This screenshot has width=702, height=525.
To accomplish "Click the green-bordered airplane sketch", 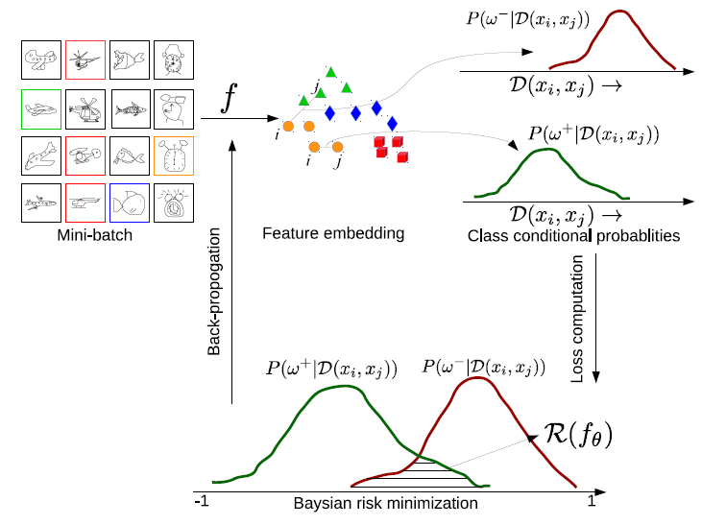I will pyautogui.click(x=39, y=108).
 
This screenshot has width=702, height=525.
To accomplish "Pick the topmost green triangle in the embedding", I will pyautogui.click(x=330, y=72).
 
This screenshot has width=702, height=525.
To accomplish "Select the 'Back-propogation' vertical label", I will pyautogui.click(x=215, y=294).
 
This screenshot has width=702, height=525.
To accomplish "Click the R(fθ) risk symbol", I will pyautogui.click(x=577, y=436).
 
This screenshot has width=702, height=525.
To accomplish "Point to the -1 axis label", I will pyautogui.click(x=201, y=502).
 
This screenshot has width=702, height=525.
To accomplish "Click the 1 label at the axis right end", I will pyautogui.click(x=593, y=501).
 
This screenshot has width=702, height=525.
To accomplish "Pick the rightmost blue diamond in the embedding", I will pyautogui.click(x=392, y=124).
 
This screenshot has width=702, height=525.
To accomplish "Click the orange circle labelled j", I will pyautogui.click(x=337, y=147).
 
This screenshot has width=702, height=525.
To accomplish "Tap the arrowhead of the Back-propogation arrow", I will pyautogui.click(x=231, y=144).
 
